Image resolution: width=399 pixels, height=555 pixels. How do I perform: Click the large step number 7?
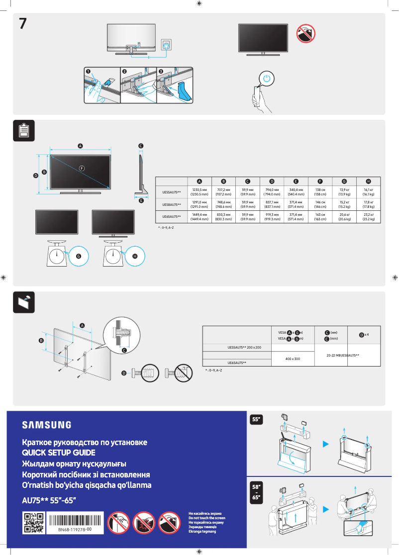pyautogui.click(x=23, y=23)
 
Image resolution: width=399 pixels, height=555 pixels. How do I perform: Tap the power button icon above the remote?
pyautogui.click(x=267, y=79)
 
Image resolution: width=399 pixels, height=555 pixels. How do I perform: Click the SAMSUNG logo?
pyautogui.click(x=46, y=425)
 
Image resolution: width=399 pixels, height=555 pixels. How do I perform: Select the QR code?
pyautogui.click(x=34, y=523)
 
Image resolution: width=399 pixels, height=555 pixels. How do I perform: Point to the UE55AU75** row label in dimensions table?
pyautogui.click(x=172, y=191)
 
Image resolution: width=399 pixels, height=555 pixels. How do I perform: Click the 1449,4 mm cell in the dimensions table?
pyautogui.click(x=199, y=216)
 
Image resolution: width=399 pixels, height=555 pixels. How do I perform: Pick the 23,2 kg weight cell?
pyautogui.click(x=369, y=216)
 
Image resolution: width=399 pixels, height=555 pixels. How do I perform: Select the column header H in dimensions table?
pyautogui.click(x=369, y=181)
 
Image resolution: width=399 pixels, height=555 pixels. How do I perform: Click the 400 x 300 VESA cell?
pyautogui.click(x=293, y=358)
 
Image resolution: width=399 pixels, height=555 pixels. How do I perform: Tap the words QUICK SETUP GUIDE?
pyautogui.click(x=59, y=453)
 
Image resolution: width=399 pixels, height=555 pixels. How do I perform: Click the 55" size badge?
pyautogui.click(x=257, y=420)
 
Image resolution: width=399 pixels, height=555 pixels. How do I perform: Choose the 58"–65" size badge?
pyautogui.click(x=257, y=490)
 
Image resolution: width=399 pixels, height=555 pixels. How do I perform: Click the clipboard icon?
pyautogui.click(x=23, y=130)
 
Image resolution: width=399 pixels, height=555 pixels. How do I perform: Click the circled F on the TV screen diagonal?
pyautogui.click(x=81, y=168)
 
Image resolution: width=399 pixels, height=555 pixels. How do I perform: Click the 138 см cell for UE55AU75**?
pyautogui.click(x=320, y=191)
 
